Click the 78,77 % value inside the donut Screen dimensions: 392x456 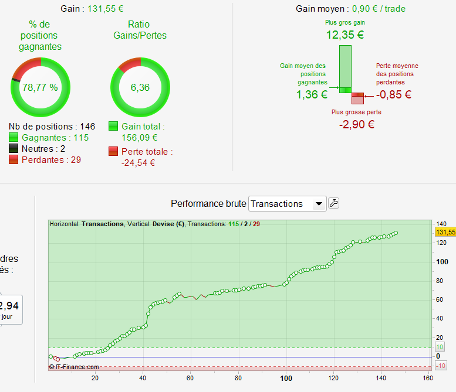pyautogui.click(x=40, y=87)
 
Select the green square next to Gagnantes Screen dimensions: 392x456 pyautogui.click(x=13, y=137)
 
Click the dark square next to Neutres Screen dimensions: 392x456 pyautogui.click(x=13, y=148)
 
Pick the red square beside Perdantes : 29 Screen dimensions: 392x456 pyautogui.click(x=13, y=160)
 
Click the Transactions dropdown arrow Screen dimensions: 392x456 pyautogui.click(x=319, y=204)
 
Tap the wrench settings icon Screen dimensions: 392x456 pyautogui.click(x=333, y=203)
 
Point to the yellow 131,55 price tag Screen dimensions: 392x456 pyautogui.click(x=445, y=232)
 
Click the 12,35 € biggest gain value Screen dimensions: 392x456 pyautogui.click(x=345, y=35)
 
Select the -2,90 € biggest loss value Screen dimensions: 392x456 pyautogui.click(x=356, y=124)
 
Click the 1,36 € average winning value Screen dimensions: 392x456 pyautogui.click(x=311, y=95)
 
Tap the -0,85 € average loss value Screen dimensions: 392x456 pyautogui.click(x=394, y=95)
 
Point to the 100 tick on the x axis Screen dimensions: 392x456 pyautogui.click(x=286, y=378)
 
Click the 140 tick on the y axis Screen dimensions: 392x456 pyautogui.click(x=441, y=224)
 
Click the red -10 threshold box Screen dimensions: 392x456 pyautogui.click(x=441, y=366)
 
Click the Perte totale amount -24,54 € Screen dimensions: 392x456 pyautogui.click(x=139, y=163)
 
